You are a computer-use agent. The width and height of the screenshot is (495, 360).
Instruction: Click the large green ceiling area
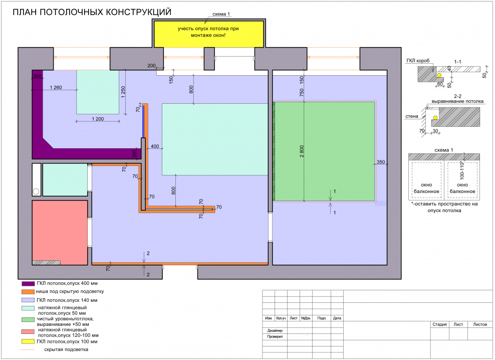click(x=325, y=150)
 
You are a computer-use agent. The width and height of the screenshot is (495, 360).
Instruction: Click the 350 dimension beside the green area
click(x=381, y=162)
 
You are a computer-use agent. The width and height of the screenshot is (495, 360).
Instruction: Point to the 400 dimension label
click(x=154, y=146)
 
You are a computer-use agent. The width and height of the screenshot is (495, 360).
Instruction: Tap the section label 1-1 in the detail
click(x=457, y=62)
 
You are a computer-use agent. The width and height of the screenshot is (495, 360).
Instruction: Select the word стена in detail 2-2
click(x=412, y=116)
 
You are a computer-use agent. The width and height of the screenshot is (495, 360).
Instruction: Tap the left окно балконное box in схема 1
click(x=426, y=181)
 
